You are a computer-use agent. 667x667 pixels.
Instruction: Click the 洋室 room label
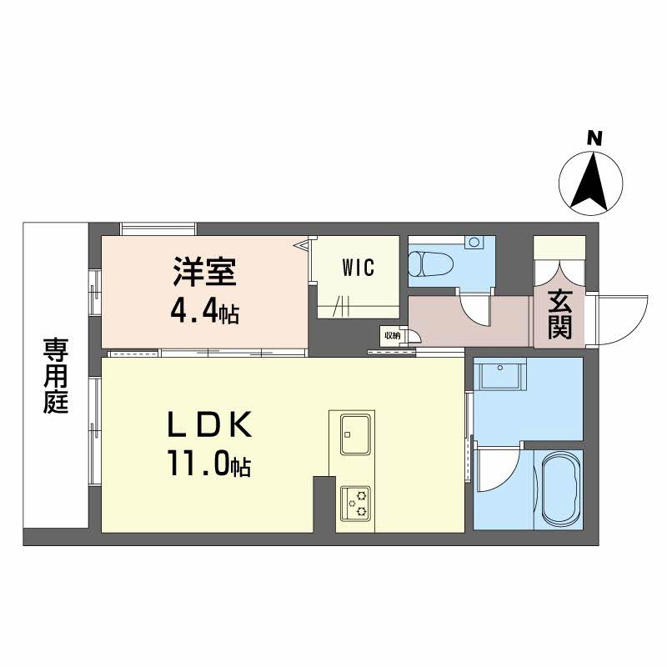click(x=204, y=272)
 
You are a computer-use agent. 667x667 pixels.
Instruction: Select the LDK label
click(x=210, y=424)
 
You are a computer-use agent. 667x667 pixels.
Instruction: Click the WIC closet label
click(x=359, y=268)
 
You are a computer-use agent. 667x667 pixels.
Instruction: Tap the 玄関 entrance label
click(x=559, y=314)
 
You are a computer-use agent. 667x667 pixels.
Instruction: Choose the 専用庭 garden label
click(x=56, y=374)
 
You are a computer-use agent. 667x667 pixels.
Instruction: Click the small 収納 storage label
click(x=392, y=336)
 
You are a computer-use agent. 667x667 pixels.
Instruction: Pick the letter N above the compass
click(x=594, y=138)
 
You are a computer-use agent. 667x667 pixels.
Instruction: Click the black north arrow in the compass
click(x=590, y=183)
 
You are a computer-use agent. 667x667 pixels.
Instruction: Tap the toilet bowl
click(x=430, y=264)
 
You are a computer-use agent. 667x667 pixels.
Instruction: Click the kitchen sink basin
click(x=355, y=434)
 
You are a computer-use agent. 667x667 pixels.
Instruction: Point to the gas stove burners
click(x=355, y=503)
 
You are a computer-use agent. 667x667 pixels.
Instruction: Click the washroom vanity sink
click(x=500, y=374)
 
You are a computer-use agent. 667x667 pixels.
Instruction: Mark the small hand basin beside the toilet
click(x=474, y=243)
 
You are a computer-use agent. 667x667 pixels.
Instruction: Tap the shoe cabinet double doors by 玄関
click(x=559, y=273)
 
